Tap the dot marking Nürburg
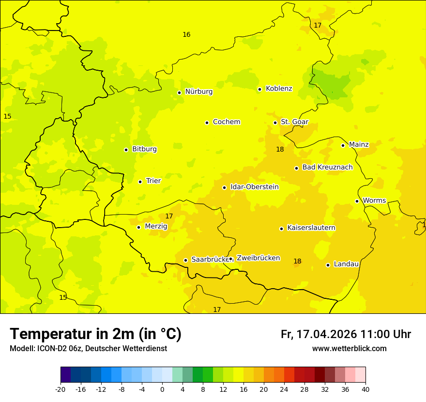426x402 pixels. point(179,93)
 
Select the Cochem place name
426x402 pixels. point(226,122)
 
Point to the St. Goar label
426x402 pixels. point(294,122)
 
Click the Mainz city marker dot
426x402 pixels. point(343,145)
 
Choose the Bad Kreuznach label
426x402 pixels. point(327,168)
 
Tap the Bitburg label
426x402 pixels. point(144,149)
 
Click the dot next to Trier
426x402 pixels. point(140,182)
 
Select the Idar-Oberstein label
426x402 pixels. point(254,187)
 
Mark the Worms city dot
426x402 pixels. point(357,201)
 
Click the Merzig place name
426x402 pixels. point(156,226)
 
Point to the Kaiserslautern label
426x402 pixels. point(311,228)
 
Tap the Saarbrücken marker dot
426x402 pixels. point(185,260)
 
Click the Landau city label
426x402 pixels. point(346,264)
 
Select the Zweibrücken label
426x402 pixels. point(258,258)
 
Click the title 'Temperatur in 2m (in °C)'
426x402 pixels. point(95,334)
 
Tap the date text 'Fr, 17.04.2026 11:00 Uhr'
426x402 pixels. point(346,334)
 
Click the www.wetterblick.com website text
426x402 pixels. point(349,349)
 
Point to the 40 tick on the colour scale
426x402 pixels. point(365,389)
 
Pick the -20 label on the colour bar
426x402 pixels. point(61,389)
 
